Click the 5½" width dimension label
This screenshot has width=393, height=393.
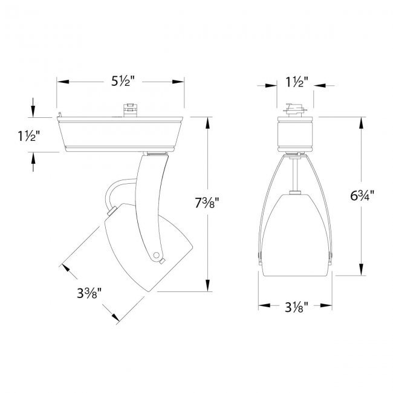[123, 81]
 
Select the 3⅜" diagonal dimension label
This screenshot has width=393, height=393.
[89, 293]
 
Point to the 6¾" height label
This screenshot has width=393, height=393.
[362, 195]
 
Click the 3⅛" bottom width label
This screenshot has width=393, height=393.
[296, 307]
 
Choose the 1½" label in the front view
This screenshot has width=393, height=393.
[297, 82]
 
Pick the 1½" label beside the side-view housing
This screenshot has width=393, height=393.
[29, 136]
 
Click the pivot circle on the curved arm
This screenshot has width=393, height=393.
[156, 255]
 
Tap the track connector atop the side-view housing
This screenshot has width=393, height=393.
[131, 110]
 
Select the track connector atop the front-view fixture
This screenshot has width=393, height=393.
[295, 110]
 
